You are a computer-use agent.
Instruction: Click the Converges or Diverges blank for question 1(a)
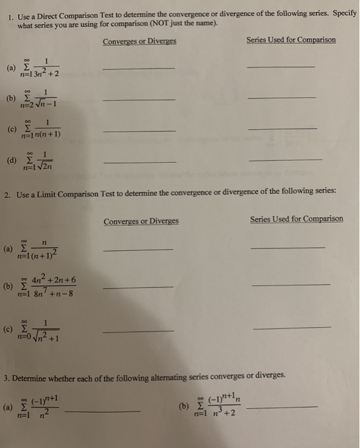point(138,68)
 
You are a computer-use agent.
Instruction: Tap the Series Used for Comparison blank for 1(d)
point(284,159)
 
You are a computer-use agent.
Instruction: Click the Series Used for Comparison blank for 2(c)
point(292,328)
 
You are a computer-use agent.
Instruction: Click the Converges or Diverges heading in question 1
point(139,42)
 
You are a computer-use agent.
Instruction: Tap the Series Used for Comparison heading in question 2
point(296,219)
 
